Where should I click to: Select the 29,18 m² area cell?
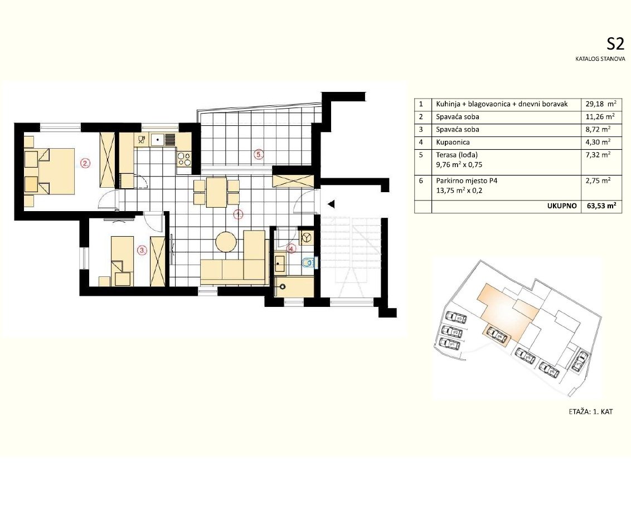[600, 104]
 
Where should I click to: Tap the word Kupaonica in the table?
[452, 143]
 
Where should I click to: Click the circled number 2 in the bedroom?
[85, 163]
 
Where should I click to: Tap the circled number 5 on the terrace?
[258, 154]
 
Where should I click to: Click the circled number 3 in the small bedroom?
[142, 251]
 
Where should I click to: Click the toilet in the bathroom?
[308, 262]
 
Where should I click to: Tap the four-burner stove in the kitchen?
[184, 159]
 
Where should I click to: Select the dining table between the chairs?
[216, 192]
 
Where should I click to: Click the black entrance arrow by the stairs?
[331, 203]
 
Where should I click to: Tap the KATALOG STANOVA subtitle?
[596, 58]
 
